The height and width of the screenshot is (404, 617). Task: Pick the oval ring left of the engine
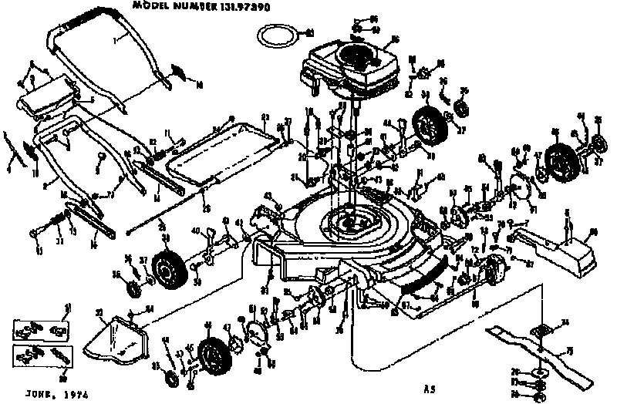click(x=276, y=33)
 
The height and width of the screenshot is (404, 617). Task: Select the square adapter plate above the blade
click(x=543, y=328)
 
